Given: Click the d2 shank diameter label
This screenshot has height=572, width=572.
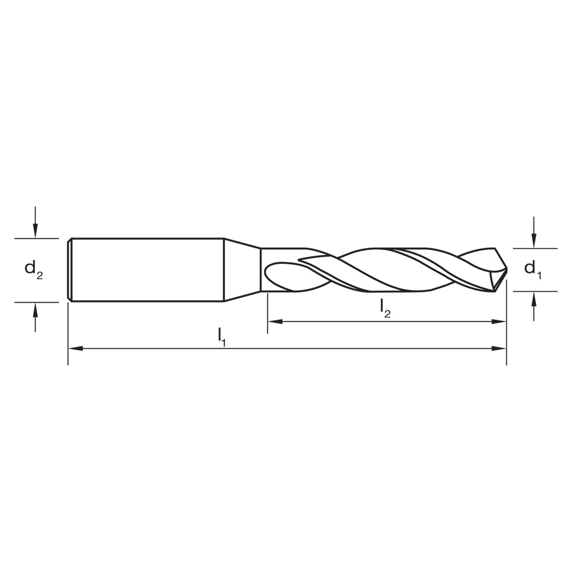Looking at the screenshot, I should (x=33, y=270).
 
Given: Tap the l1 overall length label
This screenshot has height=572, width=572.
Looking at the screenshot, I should (x=222, y=335).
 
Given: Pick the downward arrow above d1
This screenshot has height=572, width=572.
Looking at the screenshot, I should (x=534, y=241).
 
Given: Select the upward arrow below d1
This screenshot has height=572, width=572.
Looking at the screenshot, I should (x=534, y=299).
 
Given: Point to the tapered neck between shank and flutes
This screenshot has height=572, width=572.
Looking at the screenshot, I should (x=242, y=269).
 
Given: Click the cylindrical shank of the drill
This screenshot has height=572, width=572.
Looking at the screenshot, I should (x=146, y=269).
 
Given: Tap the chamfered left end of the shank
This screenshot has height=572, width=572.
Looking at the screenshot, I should (x=69, y=269).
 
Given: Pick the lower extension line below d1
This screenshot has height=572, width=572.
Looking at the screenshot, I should (x=535, y=291).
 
